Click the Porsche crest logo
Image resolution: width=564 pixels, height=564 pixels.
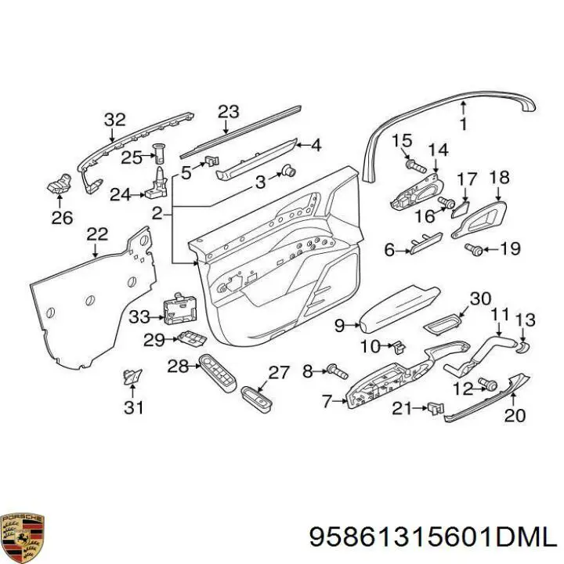point(22,537)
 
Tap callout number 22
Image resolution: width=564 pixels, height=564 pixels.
point(97,234)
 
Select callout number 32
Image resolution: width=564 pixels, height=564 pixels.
point(114,120)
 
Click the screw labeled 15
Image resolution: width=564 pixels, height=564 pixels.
point(415,166)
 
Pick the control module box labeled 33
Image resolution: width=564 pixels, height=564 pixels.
point(180,308)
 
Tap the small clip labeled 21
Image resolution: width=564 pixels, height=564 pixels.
point(436,409)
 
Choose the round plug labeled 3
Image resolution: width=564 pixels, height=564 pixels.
point(289,171)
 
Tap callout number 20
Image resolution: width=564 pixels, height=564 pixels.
point(515,414)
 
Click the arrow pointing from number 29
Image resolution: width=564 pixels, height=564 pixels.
point(172,339)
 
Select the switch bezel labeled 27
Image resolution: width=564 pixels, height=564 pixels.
point(256,398)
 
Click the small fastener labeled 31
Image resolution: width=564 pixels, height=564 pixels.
point(132,376)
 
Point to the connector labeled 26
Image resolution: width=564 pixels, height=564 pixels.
point(60,184)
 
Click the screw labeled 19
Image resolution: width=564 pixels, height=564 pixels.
point(473,249)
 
